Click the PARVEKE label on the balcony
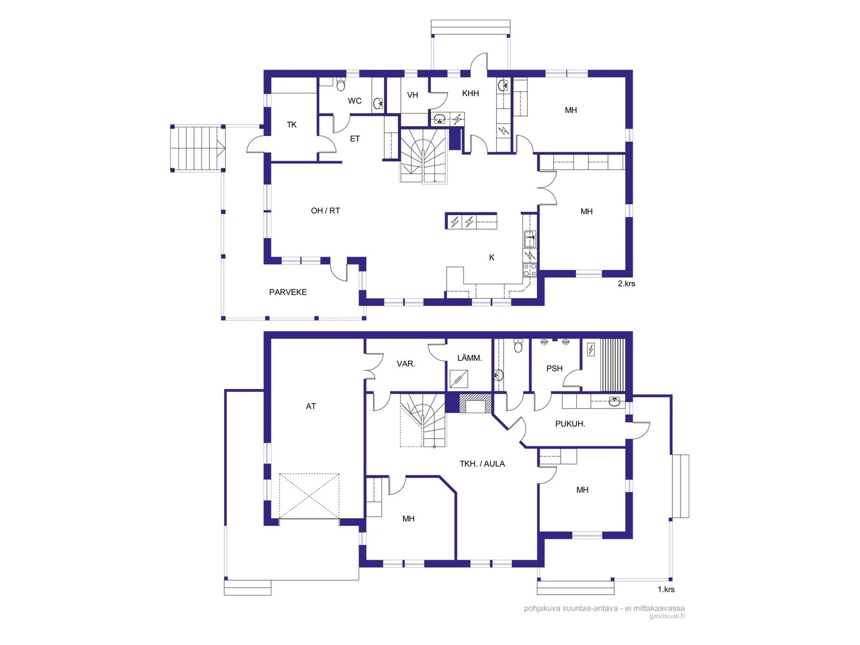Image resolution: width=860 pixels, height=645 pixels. pos(288,292)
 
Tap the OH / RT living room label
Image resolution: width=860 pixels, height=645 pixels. pos(325,211)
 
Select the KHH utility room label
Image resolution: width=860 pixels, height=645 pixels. pos(470,93)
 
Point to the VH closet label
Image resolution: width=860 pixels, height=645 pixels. pos(413,95)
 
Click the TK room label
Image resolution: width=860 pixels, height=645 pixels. pos(291,125)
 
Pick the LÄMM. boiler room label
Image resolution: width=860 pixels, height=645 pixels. pos(469,358)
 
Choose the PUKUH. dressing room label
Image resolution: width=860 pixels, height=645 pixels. pos(570,424)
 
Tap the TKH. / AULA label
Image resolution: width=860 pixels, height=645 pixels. pos(482,464)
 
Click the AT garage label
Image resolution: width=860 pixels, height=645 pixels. pos(311,406)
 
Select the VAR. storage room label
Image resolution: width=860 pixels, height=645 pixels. pos(405,364)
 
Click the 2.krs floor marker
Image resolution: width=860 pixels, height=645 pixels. pos(626,284)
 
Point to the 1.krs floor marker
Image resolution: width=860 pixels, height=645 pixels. pos(666,590)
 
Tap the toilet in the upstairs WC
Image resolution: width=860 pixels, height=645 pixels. pos(340,84)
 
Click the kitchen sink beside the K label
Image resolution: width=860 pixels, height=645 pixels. pos(530,239)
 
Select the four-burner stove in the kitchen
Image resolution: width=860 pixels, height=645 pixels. pos(530,270)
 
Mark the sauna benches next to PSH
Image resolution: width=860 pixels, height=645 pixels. pos(613,365)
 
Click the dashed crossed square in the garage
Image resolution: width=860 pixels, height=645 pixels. pos(309,496)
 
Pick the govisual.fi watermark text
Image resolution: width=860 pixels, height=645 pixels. pos(667,617)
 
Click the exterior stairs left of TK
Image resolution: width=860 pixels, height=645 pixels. pos(198,148)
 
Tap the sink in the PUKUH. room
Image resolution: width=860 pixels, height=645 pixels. pos(614,402)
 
